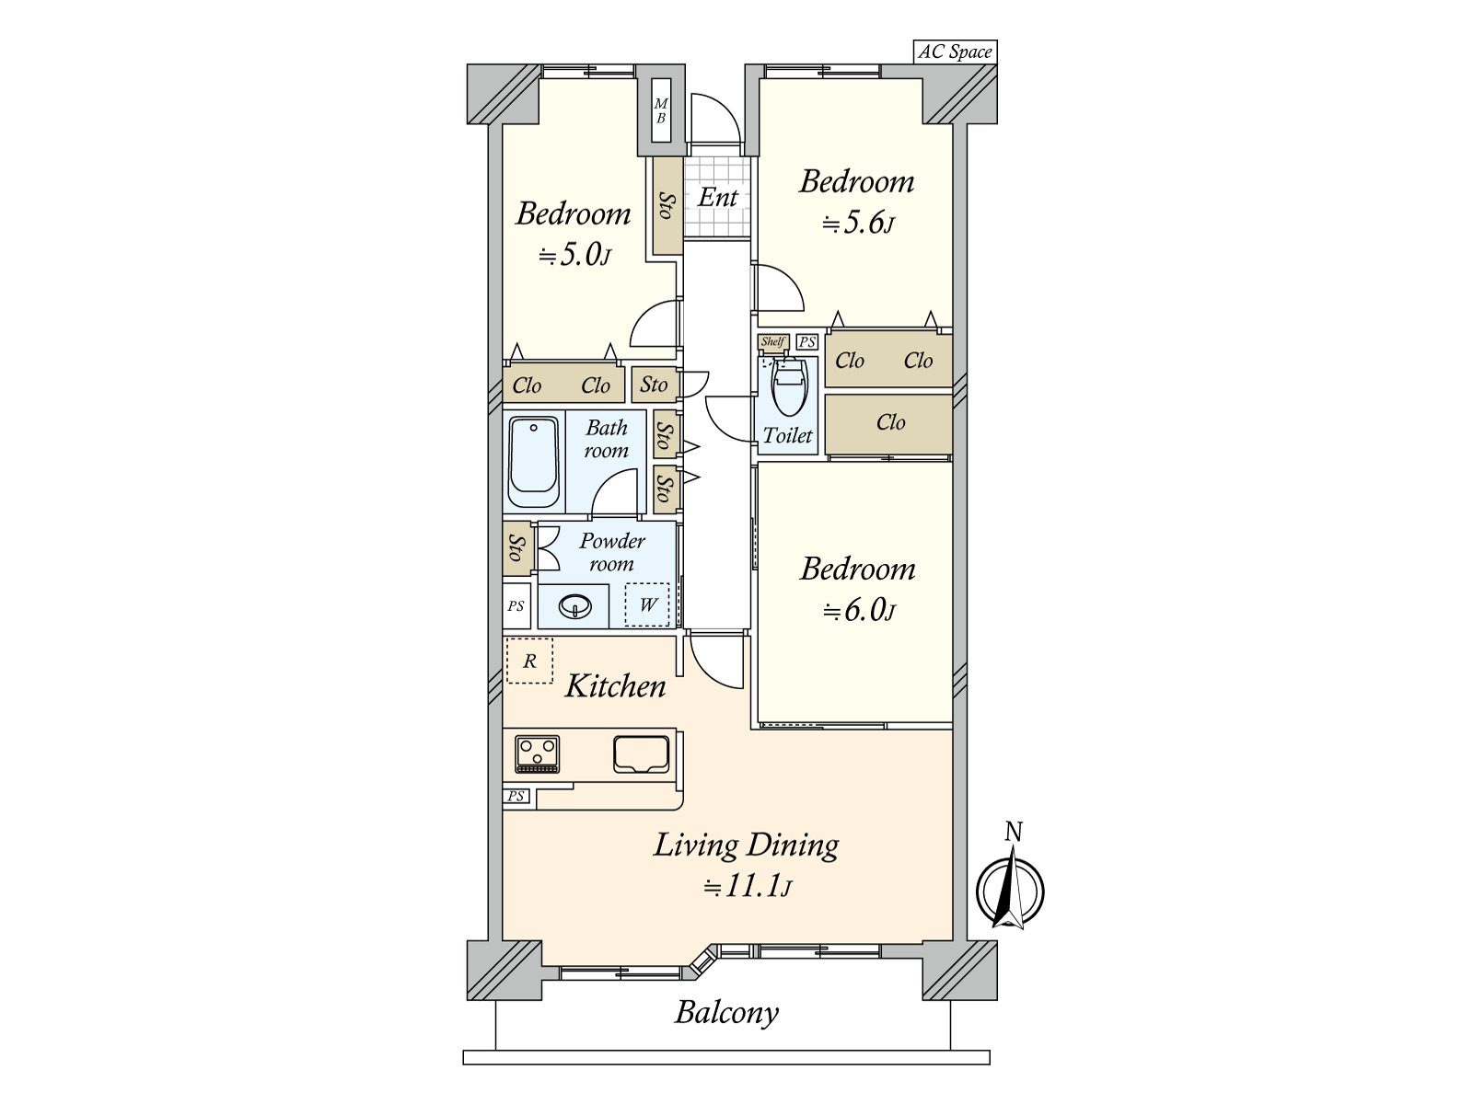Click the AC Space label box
click(x=955, y=52)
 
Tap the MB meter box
click(x=661, y=110)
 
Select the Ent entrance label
click(x=717, y=197)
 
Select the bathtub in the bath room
click(x=533, y=463)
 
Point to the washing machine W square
click(x=647, y=604)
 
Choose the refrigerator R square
click(x=529, y=661)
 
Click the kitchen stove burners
click(x=537, y=753)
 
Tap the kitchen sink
click(x=642, y=754)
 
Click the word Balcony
click(x=726, y=1012)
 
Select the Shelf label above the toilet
click(x=772, y=342)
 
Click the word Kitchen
click(x=615, y=685)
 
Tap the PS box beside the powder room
click(x=516, y=606)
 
